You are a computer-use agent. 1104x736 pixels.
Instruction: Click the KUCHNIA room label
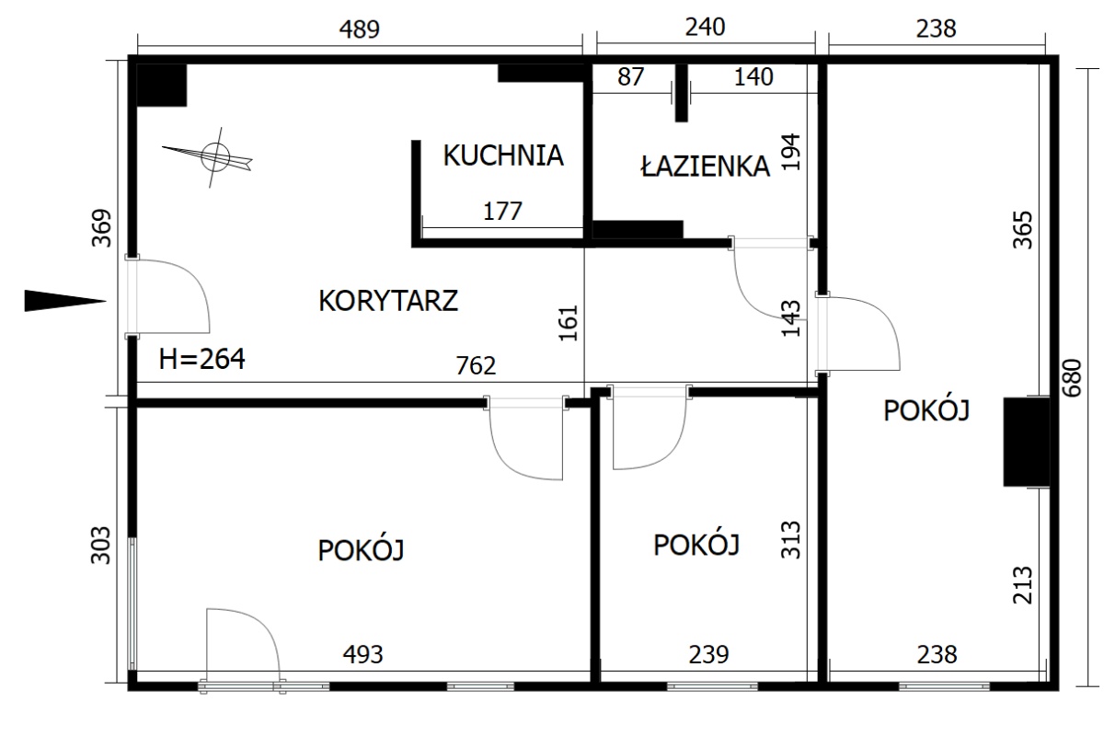pos(503,155)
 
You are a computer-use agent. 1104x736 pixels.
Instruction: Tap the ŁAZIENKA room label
pos(706,166)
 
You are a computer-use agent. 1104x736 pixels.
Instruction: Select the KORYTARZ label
pos(388,301)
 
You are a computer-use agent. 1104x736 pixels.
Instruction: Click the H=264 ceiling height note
pos(201,359)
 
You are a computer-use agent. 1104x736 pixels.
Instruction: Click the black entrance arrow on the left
pos(65,301)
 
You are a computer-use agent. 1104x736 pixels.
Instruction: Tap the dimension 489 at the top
pos(360,29)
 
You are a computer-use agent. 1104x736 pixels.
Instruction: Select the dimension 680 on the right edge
pos(1072,378)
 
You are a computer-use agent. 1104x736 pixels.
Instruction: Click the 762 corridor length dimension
pos(476,365)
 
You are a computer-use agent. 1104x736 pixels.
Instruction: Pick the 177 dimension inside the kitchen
pos(502,211)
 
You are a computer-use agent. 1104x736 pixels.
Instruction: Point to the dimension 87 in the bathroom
pos(630,76)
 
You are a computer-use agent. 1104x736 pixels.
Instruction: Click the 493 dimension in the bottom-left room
pos(362,655)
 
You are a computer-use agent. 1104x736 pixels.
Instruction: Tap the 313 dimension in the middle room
pos(791,539)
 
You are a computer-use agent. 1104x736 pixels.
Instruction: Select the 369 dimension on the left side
pos(102,228)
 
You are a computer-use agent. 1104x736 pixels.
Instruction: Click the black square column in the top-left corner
pos(162,85)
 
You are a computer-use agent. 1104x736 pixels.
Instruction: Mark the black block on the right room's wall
pos(1027,442)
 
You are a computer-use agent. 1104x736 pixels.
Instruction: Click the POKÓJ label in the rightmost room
pos(926,410)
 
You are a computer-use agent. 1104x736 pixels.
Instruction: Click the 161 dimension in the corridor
pos(568,324)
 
